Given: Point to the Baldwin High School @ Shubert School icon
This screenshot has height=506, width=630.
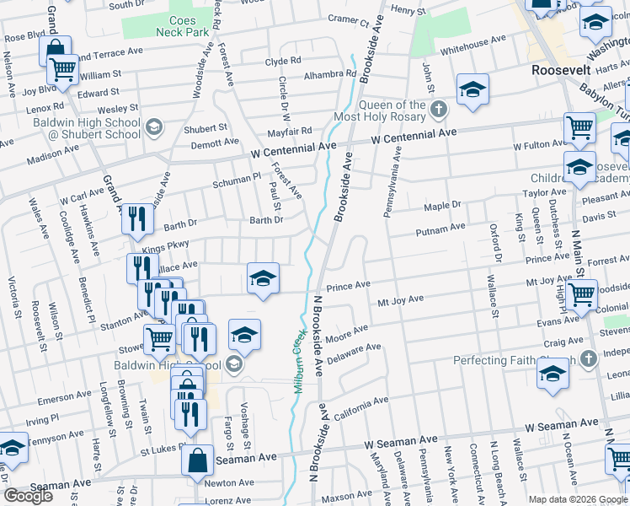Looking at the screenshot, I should [153, 127].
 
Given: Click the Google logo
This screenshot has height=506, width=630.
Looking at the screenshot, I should [28, 496].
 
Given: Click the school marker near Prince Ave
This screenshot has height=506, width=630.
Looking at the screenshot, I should [263, 279].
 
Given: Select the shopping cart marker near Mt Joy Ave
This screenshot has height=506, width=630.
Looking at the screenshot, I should [581, 296].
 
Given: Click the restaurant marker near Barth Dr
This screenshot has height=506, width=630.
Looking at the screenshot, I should [137, 219].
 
